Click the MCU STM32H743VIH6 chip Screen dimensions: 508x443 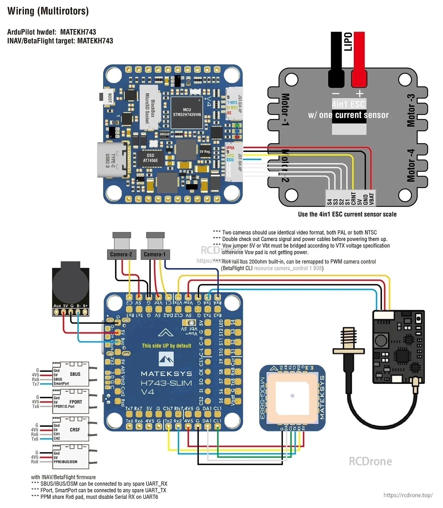point(187,112)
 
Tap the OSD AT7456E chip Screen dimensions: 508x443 point(150,158)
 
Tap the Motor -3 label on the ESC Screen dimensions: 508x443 point(411,110)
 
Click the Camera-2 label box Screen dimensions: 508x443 point(121,255)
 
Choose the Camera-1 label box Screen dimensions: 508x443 point(155,255)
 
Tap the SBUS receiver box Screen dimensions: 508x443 point(71,374)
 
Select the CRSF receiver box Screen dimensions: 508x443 point(71,429)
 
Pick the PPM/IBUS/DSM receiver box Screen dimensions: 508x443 point(71,457)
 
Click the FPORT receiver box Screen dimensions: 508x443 point(71,402)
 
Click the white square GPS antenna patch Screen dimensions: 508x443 point(292,396)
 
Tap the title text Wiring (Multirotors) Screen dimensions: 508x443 point(48,11)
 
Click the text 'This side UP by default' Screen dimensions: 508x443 point(166,346)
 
